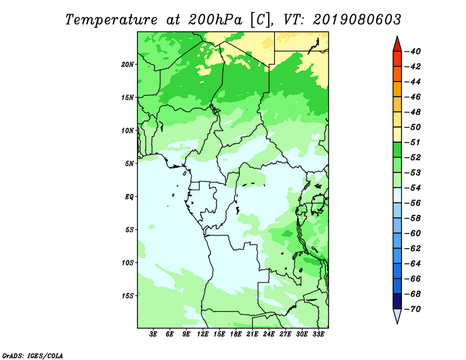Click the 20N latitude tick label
tap(128, 65)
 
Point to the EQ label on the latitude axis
tap(129, 197)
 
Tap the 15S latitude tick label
tap(128, 296)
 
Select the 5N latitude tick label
tap(129, 164)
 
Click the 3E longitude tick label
tap(153, 334)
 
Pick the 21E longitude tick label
tap(252, 334)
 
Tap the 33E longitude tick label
tap(318, 334)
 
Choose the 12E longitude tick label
tap(203, 334)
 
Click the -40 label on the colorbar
tap(413, 51)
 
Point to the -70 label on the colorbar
tap(413, 309)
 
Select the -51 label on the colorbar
tap(413, 142)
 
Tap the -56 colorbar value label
tap(413, 203)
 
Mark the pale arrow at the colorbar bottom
tap(397, 315)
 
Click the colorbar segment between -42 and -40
tap(397, 59)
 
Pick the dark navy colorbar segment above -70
tap(397, 301)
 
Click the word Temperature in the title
tap(111, 20)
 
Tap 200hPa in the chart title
tap(215, 20)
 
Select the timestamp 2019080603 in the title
tap(357, 20)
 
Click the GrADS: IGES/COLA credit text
tap(33, 356)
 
